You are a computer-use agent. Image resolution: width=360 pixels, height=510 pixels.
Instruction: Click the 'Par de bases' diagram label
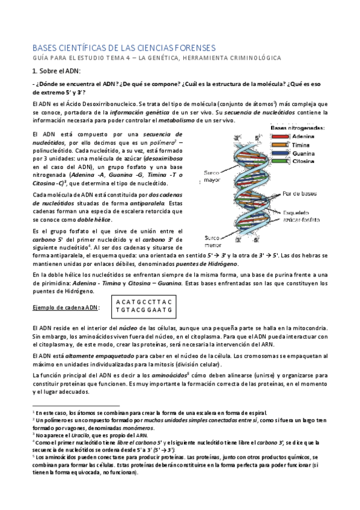pos(301,194)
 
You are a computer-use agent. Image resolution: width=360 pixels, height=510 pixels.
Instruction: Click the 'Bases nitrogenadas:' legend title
pos(298,128)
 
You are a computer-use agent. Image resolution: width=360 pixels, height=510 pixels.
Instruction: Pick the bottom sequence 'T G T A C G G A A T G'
pos(144,310)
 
